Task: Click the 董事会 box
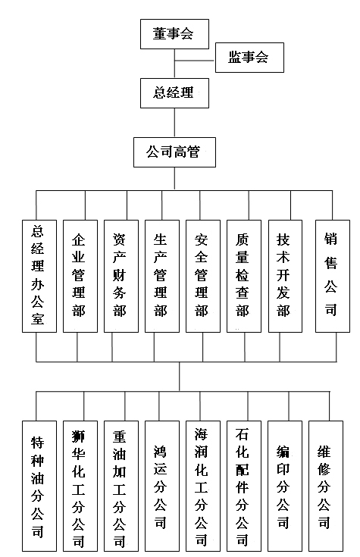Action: (x=174, y=34)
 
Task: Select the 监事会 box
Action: (x=249, y=58)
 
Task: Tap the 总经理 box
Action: (x=174, y=93)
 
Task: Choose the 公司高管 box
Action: (x=174, y=152)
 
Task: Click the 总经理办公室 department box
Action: (x=39, y=276)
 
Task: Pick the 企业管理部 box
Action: (x=80, y=276)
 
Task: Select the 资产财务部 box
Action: (x=121, y=276)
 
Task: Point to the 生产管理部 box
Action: (x=162, y=276)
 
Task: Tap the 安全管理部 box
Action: (x=203, y=276)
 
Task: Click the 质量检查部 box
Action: (x=244, y=276)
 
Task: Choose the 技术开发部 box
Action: (x=286, y=276)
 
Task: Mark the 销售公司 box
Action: (x=333, y=276)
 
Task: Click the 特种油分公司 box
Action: (x=39, y=486)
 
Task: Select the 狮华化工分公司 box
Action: (x=80, y=486)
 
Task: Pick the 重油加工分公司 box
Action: (x=121, y=486)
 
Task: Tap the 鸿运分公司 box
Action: (x=162, y=486)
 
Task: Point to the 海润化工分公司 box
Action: (x=203, y=486)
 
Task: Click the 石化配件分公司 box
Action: (x=244, y=486)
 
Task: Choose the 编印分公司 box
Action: (x=285, y=486)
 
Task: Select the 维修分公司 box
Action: (x=326, y=486)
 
